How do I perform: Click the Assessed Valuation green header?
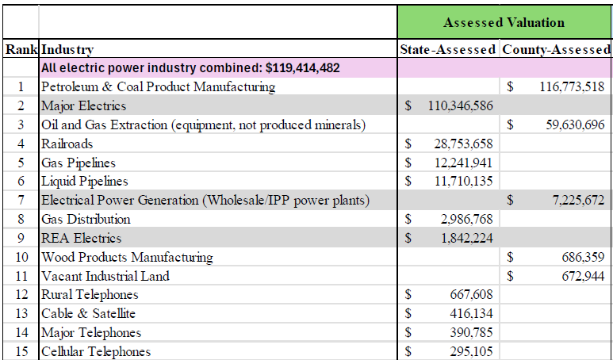point(504,22)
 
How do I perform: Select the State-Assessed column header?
point(448,49)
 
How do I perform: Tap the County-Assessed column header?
point(556,49)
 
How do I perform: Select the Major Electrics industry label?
point(83,105)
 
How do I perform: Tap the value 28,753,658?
point(463,144)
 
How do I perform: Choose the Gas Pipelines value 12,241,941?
point(463,163)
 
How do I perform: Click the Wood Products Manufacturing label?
point(127,257)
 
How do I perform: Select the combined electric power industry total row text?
point(190,68)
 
